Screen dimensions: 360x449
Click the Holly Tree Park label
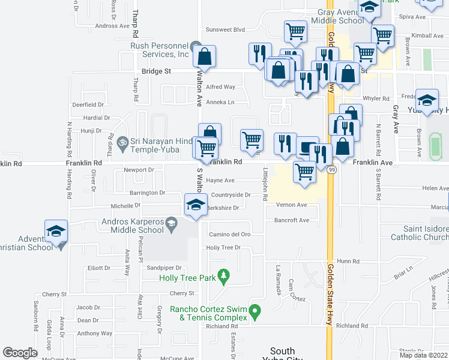tap(187, 278)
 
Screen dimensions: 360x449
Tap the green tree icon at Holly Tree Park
tap(223, 276)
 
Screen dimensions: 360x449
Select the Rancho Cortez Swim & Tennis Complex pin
tap(255, 312)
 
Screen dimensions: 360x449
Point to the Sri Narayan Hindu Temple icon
tap(123, 143)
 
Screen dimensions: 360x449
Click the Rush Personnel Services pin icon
tap(195, 47)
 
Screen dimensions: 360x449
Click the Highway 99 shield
tap(333, 170)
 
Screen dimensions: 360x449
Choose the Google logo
tap(20, 353)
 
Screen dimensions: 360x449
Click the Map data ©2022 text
tap(423, 355)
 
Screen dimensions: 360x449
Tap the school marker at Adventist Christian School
tap(56, 232)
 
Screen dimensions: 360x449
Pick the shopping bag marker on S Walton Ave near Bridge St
tap(205, 57)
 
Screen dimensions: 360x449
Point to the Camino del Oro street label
tap(229, 234)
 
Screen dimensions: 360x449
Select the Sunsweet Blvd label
tap(226, 29)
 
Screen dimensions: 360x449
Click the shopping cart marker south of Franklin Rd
tap(305, 172)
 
